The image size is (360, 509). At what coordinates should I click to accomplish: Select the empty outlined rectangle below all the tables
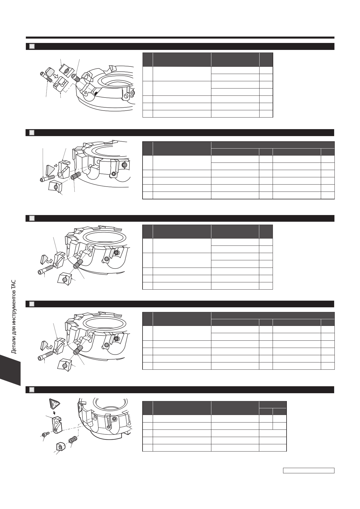(x=309, y=470)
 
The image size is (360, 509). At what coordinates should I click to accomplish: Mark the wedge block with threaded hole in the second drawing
(x=55, y=186)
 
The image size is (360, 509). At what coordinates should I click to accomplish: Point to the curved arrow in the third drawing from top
(x=50, y=261)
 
